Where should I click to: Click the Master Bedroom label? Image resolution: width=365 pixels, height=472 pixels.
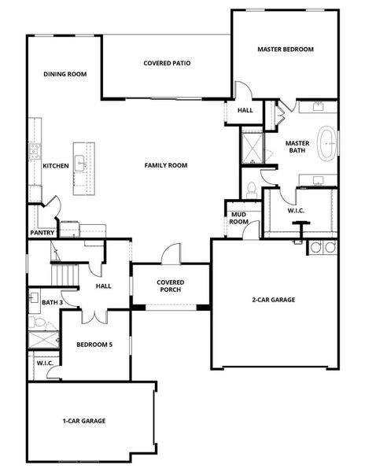(286, 49)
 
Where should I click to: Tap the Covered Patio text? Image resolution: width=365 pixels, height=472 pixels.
(167, 63)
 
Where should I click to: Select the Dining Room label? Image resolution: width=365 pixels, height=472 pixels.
(65, 74)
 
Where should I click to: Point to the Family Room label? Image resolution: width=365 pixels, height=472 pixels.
(166, 165)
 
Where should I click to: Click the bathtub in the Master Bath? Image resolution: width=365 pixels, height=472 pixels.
(327, 143)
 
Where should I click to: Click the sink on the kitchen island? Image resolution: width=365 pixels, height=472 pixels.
(80, 163)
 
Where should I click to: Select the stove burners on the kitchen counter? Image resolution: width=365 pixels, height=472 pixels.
(35, 151)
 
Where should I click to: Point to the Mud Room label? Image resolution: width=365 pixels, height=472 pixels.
(238, 218)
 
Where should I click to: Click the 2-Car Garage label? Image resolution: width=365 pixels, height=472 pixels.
(274, 300)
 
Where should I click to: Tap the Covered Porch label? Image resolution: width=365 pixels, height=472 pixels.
(171, 286)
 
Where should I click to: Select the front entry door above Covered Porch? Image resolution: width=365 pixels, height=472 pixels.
(171, 254)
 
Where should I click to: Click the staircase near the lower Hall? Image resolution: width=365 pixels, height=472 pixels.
(65, 275)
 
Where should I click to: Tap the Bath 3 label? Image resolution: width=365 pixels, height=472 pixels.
(53, 302)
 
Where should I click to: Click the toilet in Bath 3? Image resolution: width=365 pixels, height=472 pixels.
(37, 323)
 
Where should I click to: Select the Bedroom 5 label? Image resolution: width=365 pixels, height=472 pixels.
(94, 345)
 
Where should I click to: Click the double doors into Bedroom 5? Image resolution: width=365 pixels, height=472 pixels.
(94, 317)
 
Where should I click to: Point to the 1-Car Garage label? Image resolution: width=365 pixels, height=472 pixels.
(84, 421)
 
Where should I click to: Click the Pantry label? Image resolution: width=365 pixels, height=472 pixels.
(42, 233)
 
